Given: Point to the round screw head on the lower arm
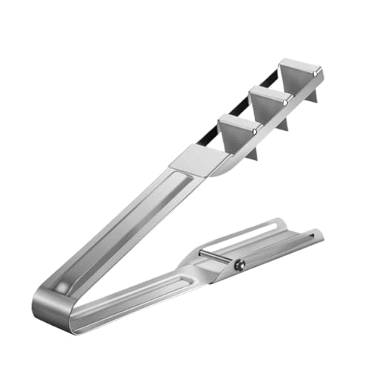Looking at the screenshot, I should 240,264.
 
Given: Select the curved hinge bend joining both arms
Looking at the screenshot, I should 46,307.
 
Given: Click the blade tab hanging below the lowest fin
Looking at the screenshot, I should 251,152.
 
